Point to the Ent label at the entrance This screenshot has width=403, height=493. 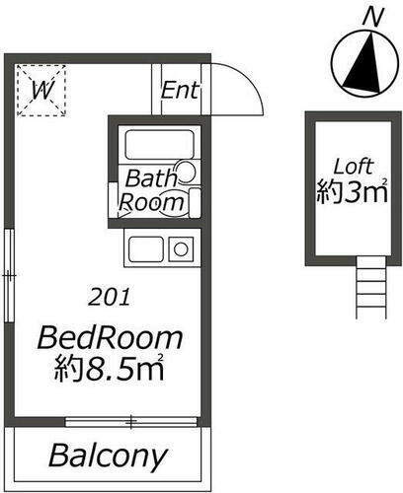181,91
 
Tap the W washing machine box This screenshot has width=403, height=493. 41,91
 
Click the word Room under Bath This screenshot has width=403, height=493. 152,203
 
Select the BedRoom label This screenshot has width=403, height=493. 110,338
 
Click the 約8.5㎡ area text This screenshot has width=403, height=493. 110,372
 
